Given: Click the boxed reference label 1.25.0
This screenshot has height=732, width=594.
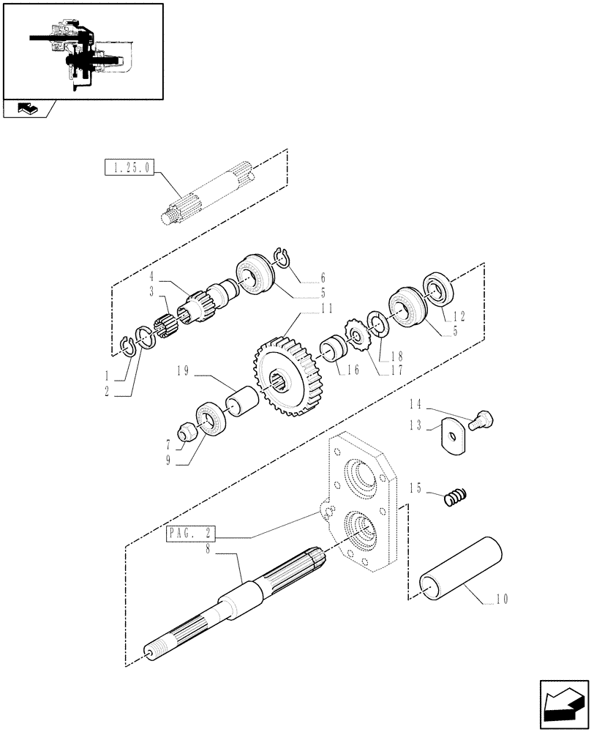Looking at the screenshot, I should click(x=129, y=168).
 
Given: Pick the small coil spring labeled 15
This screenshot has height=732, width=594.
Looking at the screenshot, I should click(x=455, y=498).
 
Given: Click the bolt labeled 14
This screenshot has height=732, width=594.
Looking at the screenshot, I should click(x=484, y=419).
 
